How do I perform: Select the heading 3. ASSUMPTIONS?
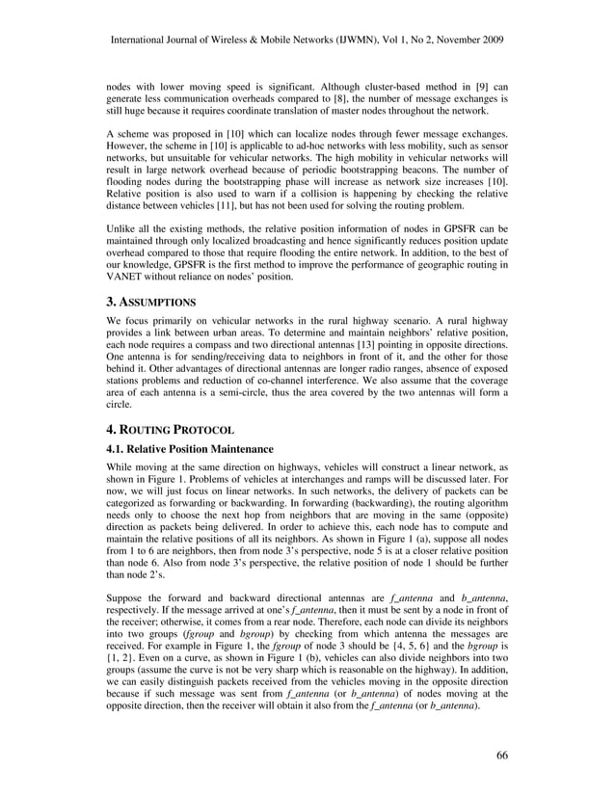click(153, 302)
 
